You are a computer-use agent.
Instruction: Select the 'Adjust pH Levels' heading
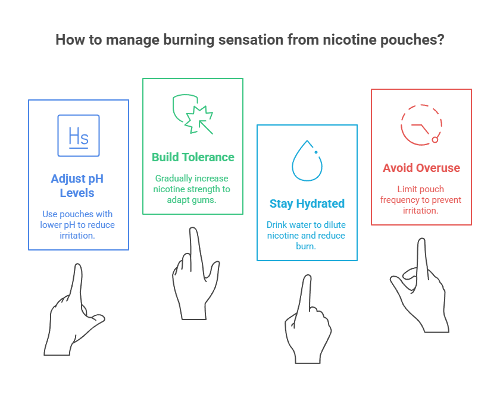click(79, 185)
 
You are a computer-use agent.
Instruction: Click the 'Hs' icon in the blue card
click(79, 136)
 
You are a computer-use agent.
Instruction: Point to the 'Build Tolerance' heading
click(193, 157)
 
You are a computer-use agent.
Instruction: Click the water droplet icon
click(307, 161)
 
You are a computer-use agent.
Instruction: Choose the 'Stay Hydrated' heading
click(307, 203)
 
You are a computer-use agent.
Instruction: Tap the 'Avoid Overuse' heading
click(421, 168)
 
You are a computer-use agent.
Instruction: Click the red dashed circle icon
click(421, 125)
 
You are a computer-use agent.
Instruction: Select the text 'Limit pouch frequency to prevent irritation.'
click(421, 199)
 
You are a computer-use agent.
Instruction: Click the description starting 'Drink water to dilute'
click(307, 235)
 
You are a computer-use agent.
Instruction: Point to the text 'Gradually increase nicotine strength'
click(193, 189)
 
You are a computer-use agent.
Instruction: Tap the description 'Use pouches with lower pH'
click(79, 224)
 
